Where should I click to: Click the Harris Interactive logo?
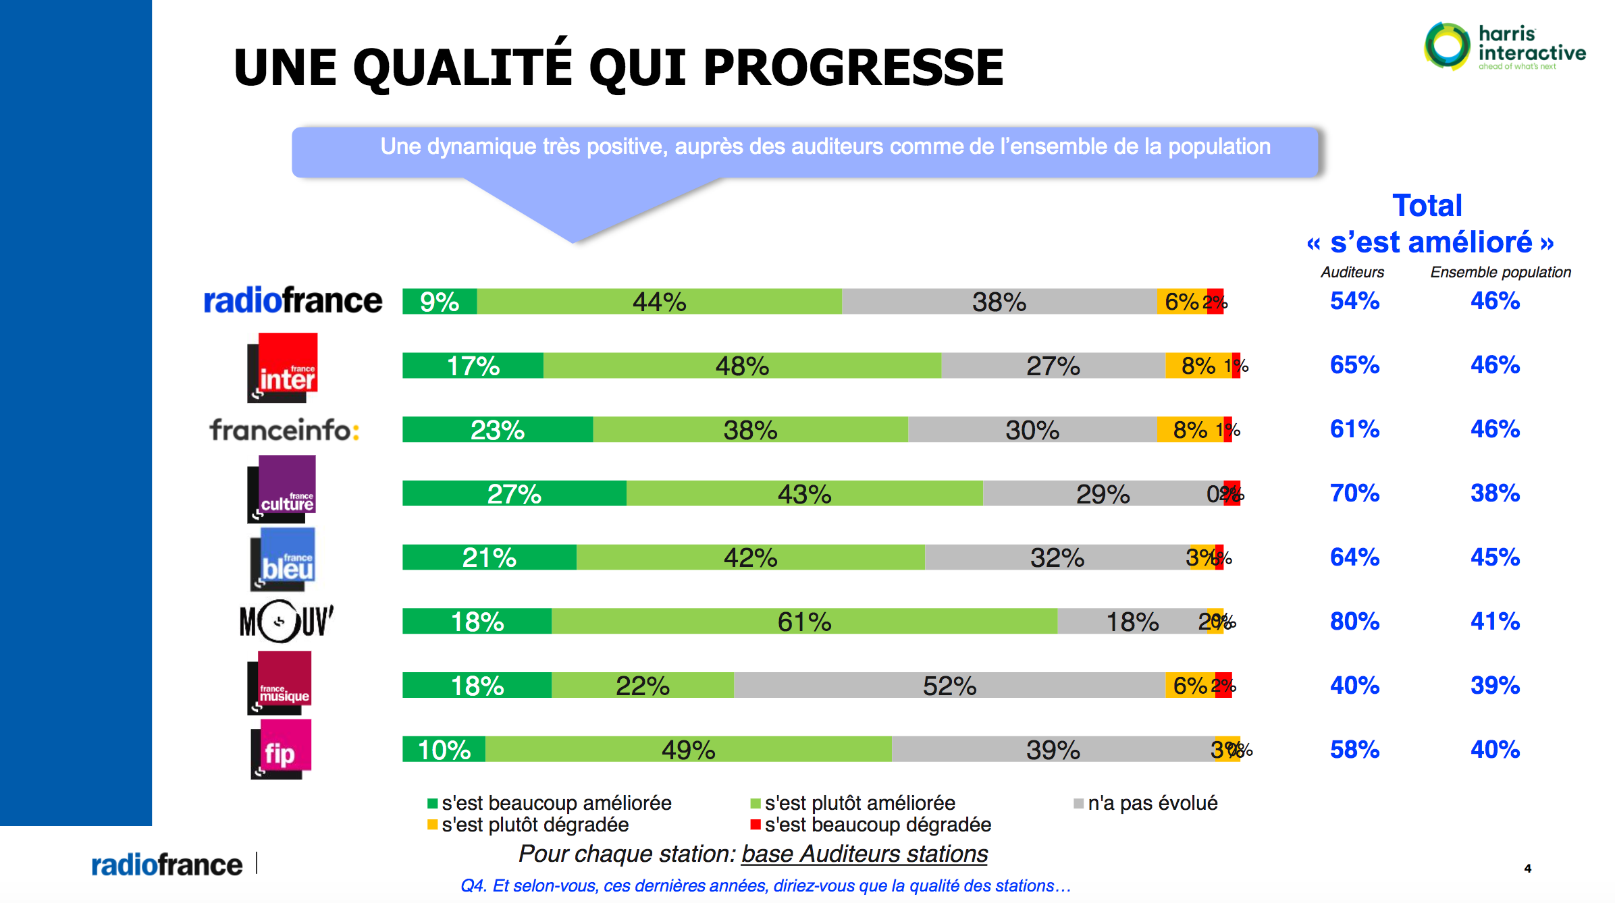pos(1504,46)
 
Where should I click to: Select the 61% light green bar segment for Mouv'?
pos(803,621)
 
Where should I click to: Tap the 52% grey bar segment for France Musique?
pos(949,685)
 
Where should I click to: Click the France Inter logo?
pos(282,368)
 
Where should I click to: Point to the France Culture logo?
pos(282,489)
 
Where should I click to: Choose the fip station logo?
pos(281,749)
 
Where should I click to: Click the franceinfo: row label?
pos(284,430)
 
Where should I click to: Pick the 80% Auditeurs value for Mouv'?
pos(1354,621)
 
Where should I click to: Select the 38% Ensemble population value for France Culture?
pos(1495,493)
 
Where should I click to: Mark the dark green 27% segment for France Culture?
pos(514,493)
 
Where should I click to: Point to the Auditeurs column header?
pos(1352,272)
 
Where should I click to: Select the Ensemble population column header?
pos(1500,272)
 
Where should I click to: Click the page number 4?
pos(1527,869)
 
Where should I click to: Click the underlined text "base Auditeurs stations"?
pos(864,854)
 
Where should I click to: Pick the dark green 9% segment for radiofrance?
pos(439,302)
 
